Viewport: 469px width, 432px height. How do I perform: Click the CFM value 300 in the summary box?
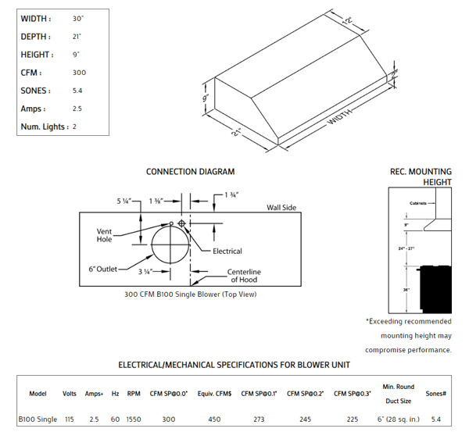point(78,73)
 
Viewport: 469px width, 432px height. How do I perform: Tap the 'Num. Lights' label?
point(45,127)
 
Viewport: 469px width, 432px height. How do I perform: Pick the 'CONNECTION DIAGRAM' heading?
point(190,172)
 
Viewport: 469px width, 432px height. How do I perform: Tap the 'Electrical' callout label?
point(227,251)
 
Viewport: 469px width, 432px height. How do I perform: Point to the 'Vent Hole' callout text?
point(106,235)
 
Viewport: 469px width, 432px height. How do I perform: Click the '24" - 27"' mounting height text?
point(406,248)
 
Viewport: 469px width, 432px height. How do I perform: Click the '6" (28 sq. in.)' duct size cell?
point(399,420)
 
